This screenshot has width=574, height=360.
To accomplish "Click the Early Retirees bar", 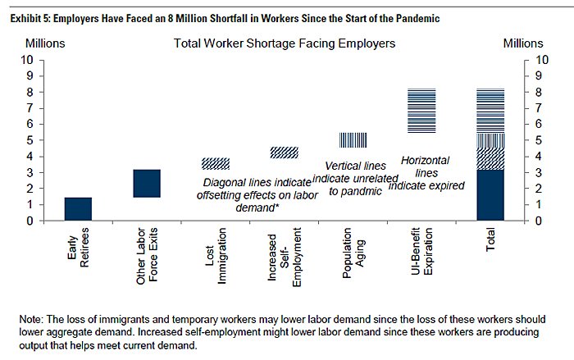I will tap(78, 209).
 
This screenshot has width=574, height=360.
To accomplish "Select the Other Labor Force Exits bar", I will tap(147, 184).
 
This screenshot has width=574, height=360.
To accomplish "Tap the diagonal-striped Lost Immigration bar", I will tap(216, 163).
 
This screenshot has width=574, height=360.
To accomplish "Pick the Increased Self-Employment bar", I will tap(284, 153).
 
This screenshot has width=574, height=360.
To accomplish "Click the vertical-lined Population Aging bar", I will tap(353, 140).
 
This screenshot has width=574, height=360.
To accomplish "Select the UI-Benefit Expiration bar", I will tap(421, 110).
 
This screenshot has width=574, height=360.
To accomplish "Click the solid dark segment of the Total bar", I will tap(490, 195).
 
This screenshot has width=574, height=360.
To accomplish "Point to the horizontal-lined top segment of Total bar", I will tap(490, 110).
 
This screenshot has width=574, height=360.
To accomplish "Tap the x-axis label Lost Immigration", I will tap(216, 258).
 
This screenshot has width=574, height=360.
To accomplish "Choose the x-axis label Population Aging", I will tap(353, 257).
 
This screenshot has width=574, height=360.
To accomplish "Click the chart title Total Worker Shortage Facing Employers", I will tap(285, 42).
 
